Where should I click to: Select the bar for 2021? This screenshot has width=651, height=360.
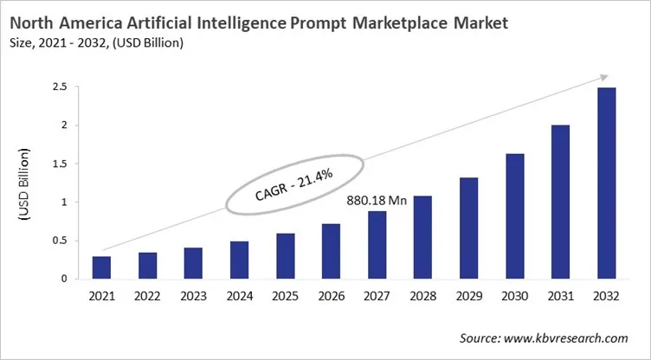pos(101,267)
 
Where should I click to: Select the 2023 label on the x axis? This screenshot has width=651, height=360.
pos(192,297)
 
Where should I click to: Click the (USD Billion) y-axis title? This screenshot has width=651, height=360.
pos(23,183)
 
